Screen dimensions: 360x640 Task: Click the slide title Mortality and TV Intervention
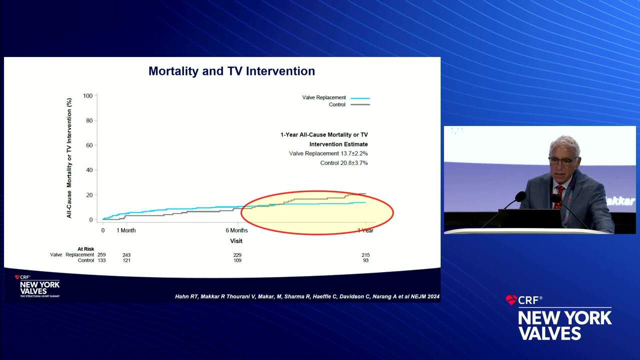[x=231, y=71]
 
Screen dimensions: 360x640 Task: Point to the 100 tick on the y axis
[x=88, y=95]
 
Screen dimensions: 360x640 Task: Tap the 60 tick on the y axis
[x=89, y=145]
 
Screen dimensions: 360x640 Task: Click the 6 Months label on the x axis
[x=236, y=230]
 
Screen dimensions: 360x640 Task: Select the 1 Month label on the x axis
[x=126, y=230]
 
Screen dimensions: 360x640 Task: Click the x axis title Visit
[x=236, y=240]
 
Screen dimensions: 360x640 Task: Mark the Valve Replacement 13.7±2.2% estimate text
[x=328, y=153]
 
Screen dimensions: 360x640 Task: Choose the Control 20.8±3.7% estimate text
[x=344, y=163]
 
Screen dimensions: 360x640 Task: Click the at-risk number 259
[x=101, y=255]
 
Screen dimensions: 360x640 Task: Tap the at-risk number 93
[x=366, y=260]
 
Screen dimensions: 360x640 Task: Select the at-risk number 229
[x=236, y=255]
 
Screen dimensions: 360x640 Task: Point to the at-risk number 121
[x=126, y=260]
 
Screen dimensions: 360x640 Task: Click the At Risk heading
[x=85, y=249]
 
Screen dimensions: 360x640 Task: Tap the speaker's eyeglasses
[x=562, y=161]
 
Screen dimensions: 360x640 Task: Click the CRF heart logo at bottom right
[x=511, y=300]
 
